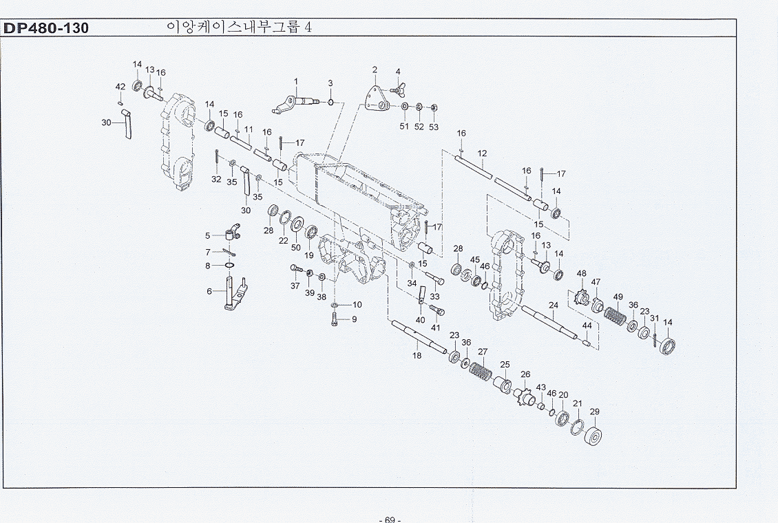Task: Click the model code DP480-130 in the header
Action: [x=45, y=28]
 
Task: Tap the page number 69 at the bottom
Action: [x=390, y=520]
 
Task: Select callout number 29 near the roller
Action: [x=594, y=412]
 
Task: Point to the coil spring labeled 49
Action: [x=616, y=317]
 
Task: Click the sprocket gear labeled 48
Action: [x=580, y=297]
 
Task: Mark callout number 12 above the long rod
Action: [x=482, y=153]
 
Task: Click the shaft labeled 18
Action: [x=419, y=337]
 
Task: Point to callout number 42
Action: [x=120, y=87]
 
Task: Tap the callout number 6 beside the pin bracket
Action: [x=209, y=292]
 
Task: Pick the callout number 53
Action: [x=434, y=127]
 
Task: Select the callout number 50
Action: [x=296, y=247]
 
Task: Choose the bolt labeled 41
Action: [x=437, y=311]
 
